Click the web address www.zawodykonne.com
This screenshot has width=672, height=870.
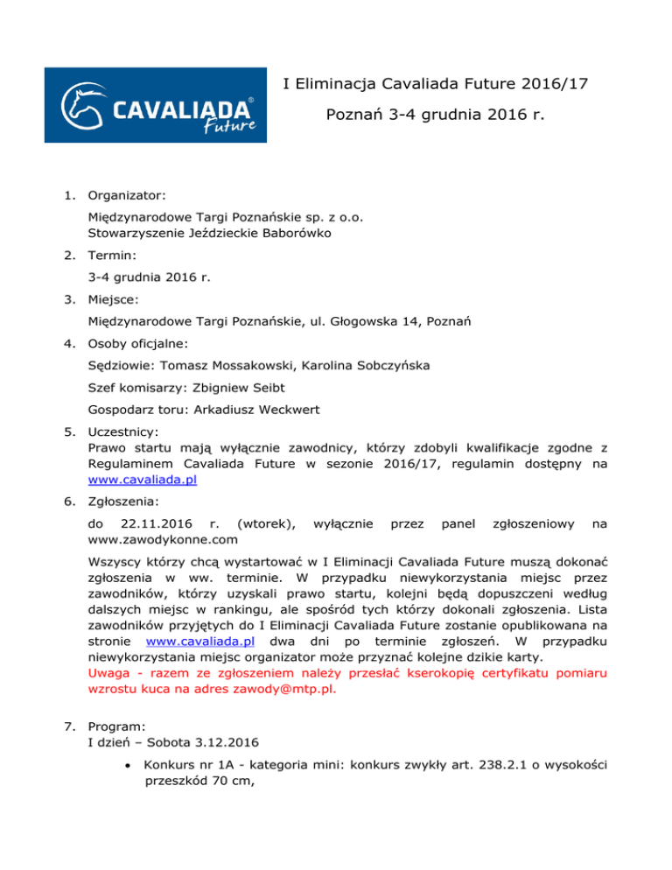click(x=163, y=539)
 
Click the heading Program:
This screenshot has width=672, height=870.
click(x=119, y=726)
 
